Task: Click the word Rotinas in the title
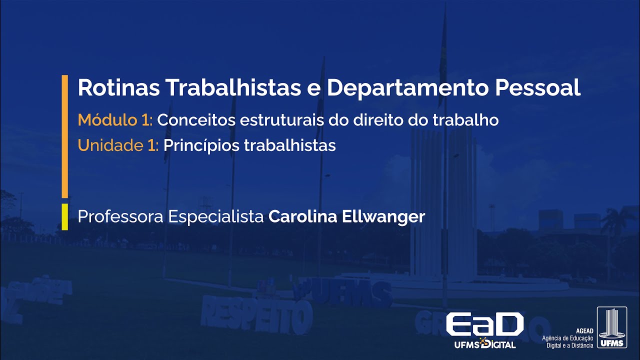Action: (x=117, y=88)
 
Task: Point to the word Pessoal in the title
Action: (x=537, y=88)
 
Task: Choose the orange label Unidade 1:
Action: (x=118, y=145)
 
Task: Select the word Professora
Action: (x=120, y=217)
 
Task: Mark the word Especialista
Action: (x=215, y=217)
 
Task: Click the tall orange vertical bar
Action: (x=64, y=136)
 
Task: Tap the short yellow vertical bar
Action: (x=64, y=216)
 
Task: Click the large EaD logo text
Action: (x=484, y=325)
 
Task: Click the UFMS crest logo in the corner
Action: (x=611, y=327)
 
